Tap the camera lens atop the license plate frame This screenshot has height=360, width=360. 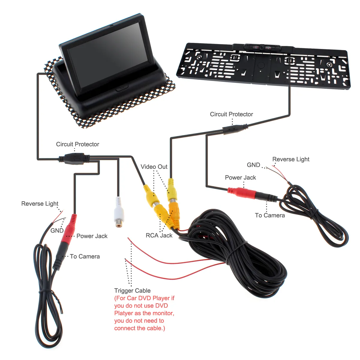coord(262,47)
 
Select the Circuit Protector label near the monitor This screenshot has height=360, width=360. coord(77,144)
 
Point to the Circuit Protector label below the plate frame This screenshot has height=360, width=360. coord(231,114)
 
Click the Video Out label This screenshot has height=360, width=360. coord(154,167)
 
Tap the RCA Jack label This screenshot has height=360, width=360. coord(159,235)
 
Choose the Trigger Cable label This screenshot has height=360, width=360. coord(132,291)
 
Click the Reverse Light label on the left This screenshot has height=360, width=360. coord(40,204)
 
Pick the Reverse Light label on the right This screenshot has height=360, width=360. coord(291,159)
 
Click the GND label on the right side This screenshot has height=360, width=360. coord(253,165)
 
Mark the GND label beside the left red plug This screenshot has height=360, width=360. coord(57,231)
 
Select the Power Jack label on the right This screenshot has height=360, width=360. coord(240,178)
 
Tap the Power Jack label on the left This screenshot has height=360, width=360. coord(92,236)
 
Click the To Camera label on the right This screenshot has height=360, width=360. coord(270,215)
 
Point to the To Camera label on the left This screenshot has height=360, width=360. coord(85,256)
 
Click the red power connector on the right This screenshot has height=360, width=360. coord(241,192)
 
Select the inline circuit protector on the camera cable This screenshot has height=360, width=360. coord(235,129)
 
